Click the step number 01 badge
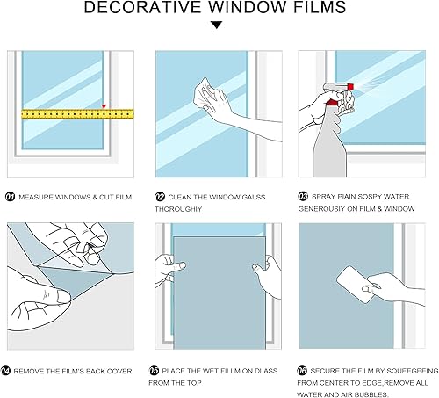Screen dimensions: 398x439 (11, 197)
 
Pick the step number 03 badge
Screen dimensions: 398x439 (303, 197)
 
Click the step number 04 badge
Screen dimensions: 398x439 (11, 371)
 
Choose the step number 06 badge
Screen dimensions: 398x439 (303, 371)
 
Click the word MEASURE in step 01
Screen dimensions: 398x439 (34, 197)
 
